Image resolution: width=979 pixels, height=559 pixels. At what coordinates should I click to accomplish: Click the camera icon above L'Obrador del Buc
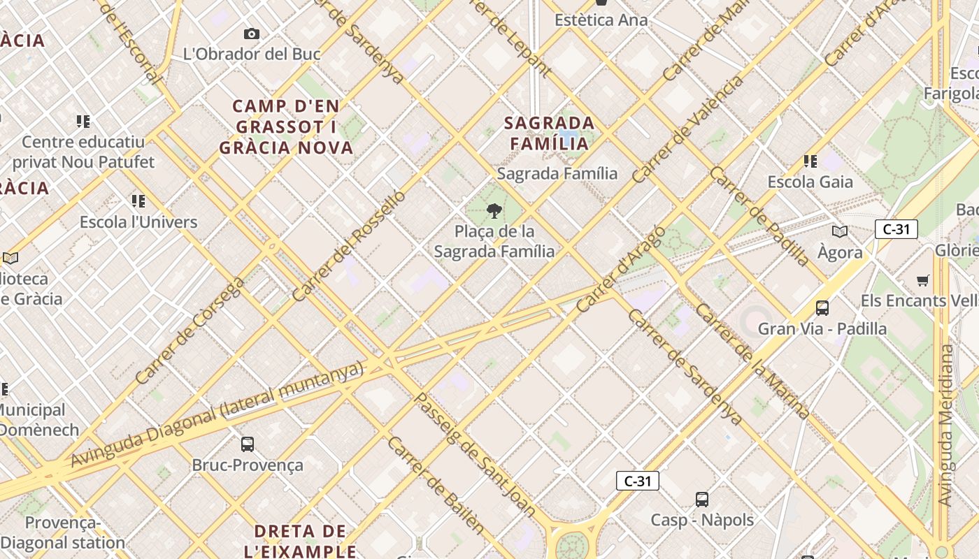pos(252,34)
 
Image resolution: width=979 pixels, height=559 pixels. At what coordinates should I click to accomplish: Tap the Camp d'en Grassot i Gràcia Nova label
pos(287,126)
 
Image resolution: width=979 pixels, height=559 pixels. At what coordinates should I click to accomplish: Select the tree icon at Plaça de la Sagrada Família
pos(494,210)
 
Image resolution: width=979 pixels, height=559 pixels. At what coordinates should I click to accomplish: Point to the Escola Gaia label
pos(810,182)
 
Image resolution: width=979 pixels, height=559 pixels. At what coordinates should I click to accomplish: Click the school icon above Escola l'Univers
pos(138,201)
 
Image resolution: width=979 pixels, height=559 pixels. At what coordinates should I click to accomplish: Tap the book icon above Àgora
pos(839,231)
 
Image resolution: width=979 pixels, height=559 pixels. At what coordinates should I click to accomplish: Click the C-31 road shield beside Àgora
pos(896,229)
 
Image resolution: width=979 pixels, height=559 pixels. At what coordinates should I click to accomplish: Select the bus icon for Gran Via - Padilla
pos(822,307)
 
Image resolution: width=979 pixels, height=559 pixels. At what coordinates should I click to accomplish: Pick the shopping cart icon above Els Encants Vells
pos(923,280)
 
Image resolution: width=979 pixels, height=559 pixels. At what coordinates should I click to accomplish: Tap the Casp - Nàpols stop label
pos(702,520)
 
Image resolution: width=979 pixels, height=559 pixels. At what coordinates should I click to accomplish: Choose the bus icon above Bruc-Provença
pos(248,444)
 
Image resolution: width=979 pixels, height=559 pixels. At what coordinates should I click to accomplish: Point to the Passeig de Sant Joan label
pos(476,454)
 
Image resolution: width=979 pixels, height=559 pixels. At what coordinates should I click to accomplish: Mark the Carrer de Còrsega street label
pos(190,331)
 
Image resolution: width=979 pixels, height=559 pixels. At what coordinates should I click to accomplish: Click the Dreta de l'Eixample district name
pos(301,540)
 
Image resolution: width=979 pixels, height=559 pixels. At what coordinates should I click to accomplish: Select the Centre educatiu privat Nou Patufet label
pos(83,152)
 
